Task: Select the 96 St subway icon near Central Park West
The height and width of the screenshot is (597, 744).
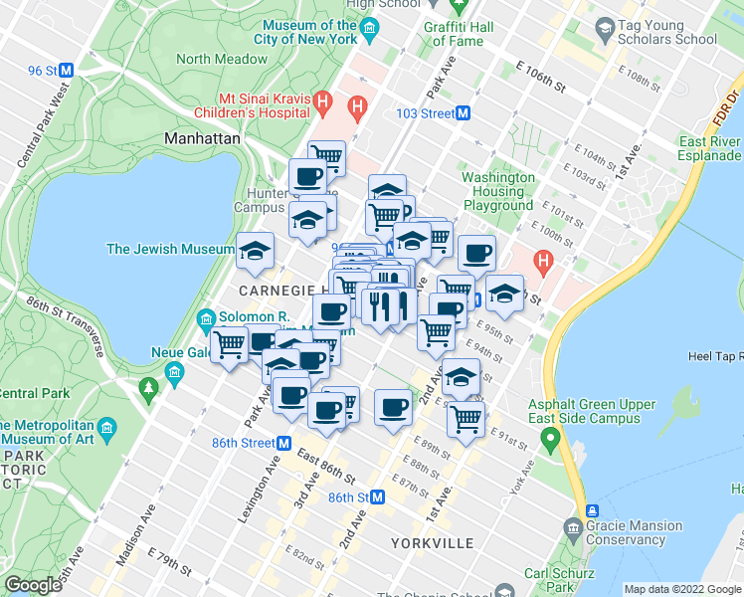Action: click(x=67, y=71)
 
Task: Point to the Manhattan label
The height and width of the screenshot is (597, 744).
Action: click(x=203, y=139)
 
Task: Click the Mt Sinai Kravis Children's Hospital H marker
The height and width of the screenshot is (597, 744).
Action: click(x=322, y=100)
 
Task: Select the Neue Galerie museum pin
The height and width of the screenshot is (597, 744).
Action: click(x=176, y=372)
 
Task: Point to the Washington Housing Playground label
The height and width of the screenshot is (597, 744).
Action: click(x=497, y=192)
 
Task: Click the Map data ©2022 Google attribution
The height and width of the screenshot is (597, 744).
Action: click(x=681, y=589)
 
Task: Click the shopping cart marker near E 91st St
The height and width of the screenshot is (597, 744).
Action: click(x=465, y=419)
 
